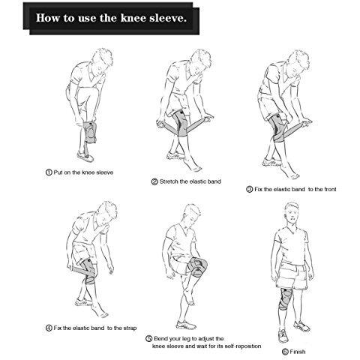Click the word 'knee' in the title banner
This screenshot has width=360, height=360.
pyautogui.click(x=133, y=18)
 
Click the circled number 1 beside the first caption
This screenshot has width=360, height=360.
pyautogui.click(x=49, y=172)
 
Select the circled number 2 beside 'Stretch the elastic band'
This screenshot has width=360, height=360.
pyautogui.click(x=154, y=181)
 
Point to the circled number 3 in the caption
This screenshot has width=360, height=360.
pyautogui.click(x=250, y=189)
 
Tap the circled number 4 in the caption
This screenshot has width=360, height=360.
pyautogui.click(x=49, y=328)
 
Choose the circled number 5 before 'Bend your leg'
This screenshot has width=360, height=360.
pyautogui.click(x=149, y=339)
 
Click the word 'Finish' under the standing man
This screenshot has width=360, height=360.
pyautogui.click(x=298, y=352)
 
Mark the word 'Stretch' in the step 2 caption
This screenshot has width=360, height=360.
pyautogui.click(x=169, y=181)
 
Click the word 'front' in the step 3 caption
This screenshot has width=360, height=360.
pyautogui.click(x=329, y=189)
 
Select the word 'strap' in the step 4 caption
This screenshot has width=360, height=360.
pyautogui.click(x=129, y=328)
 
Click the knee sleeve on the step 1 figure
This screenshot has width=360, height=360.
pyautogui.click(x=90, y=132)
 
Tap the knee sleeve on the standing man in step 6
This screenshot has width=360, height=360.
pyautogui.click(x=286, y=299)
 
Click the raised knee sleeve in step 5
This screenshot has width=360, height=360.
pyautogui.click(x=198, y=267)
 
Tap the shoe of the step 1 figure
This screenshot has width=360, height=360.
pyautogui.click(x=85, y=156)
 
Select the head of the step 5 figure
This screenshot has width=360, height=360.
pyautogui.click(x=191, y=215)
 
